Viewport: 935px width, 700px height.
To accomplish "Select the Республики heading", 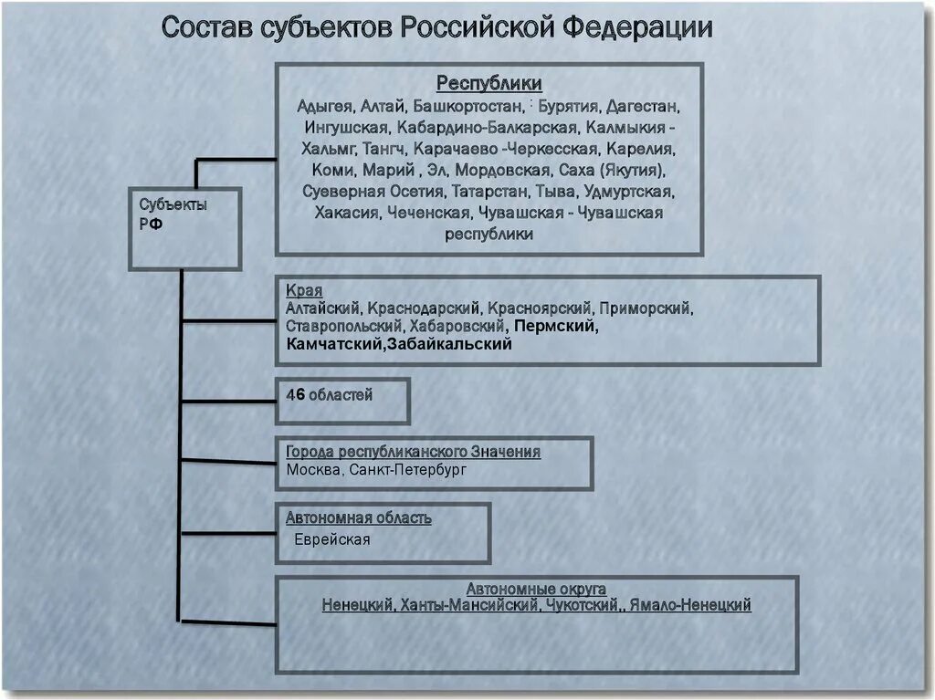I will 489,84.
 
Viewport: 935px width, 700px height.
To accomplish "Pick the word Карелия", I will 648,149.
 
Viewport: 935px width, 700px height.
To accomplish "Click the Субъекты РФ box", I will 184,228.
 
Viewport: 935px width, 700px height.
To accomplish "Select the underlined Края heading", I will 304,291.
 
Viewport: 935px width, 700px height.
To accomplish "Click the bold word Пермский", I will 556,326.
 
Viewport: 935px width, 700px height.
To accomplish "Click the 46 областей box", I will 342,401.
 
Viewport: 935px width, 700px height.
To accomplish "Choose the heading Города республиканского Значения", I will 413,452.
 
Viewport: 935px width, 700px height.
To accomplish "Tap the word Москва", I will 315,470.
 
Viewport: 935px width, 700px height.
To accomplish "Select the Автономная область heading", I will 359,518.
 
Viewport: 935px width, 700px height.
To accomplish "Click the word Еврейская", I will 331,539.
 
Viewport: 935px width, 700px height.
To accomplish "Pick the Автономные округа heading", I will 536,590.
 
